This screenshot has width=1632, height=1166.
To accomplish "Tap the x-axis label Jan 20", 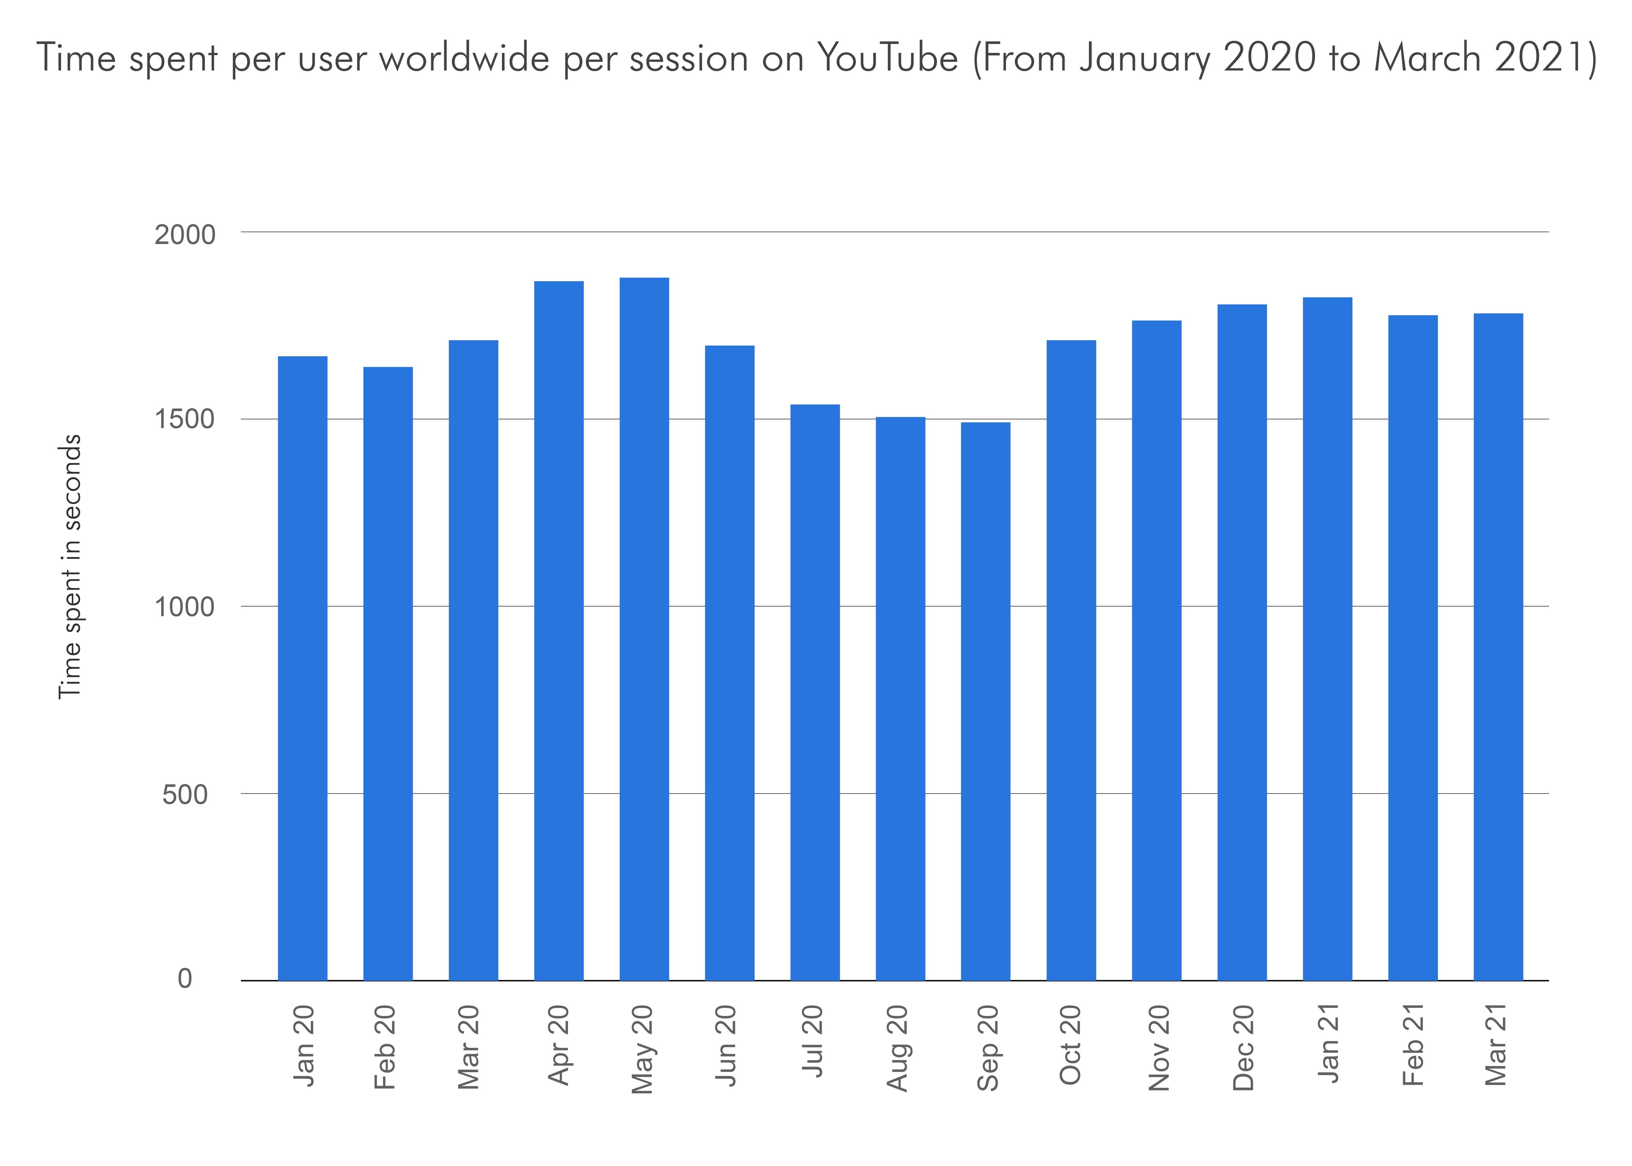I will [304, 1045].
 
